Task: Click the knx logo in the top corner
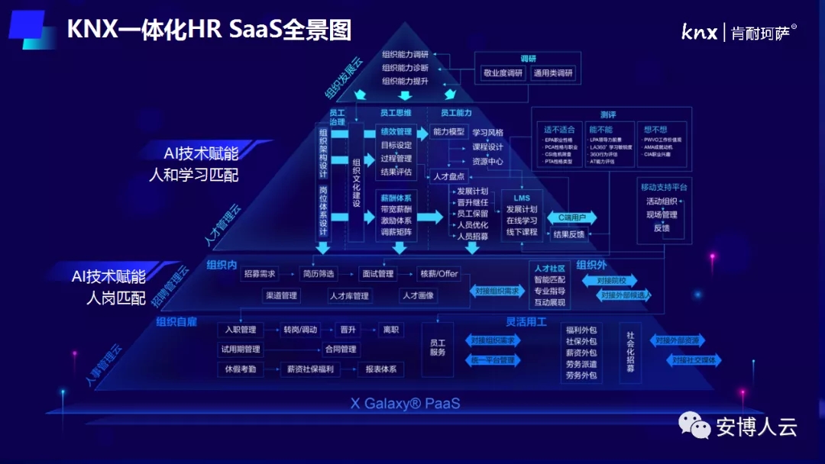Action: pos(699,31)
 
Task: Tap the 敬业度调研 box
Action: pos(502,73)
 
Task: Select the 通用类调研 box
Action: pos(554,73)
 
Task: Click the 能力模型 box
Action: pos(448,132)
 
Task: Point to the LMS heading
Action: pos(522,198)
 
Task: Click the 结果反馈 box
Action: pos(568,234)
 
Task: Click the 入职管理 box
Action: pos(241,330)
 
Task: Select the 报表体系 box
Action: pos(380,369)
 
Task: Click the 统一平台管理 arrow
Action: pos(492,359)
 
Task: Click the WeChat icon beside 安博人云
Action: pos(694,426)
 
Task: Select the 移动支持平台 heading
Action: pos(663,186)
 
